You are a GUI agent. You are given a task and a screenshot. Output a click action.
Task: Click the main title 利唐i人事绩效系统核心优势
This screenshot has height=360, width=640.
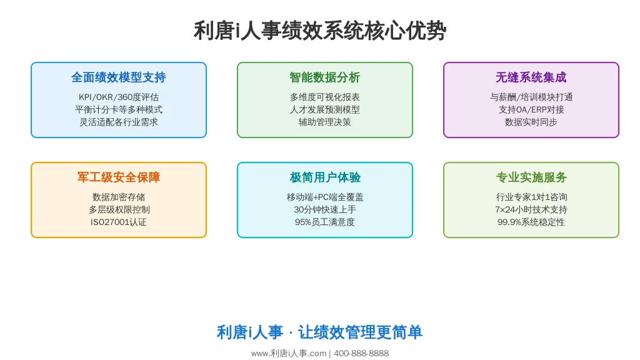click(320, 31)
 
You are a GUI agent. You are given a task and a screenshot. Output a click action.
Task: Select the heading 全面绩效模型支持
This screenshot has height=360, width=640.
click(119, 77)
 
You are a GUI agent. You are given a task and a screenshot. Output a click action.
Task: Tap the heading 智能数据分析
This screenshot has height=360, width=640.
click(325, 77)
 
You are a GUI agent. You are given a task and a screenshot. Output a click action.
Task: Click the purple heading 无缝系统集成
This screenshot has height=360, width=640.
click(531, 77)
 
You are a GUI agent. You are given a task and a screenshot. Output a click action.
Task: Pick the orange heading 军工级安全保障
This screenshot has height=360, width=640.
click(119, 177)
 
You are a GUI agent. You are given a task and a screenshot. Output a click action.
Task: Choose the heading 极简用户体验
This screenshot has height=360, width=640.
click(325, 177)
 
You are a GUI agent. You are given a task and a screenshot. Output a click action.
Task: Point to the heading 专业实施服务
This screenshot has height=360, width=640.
click(531, 177)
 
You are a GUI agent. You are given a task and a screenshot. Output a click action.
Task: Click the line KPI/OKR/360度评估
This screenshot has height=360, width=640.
click(119, 97)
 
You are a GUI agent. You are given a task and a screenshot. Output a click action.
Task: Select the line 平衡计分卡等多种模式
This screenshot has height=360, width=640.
click(119, 109)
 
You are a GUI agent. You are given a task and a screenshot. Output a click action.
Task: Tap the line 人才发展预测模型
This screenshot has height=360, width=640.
click(325, 109)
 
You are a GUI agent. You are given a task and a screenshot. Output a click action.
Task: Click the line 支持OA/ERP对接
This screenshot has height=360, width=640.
click(531, 109)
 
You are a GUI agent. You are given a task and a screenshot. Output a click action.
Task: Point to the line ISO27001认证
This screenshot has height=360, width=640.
click(119, 222)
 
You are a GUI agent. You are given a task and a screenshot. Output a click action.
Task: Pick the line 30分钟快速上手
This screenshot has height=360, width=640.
click(325, 209)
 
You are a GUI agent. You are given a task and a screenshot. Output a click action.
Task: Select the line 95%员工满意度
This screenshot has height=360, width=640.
click(325, 222)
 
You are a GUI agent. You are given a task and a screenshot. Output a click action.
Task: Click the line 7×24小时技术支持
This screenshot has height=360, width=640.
click(531, 209)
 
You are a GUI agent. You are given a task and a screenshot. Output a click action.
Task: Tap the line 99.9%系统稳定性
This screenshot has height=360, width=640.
click(531, 222)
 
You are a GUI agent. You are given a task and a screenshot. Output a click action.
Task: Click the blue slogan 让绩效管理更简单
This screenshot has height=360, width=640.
click(360, 332)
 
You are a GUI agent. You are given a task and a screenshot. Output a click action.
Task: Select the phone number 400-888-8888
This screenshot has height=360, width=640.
click(361, 354)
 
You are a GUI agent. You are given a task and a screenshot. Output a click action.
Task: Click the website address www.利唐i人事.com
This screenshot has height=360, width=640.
click(289, 354)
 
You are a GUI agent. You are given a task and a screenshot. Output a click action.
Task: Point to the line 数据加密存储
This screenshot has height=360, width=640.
click(119, 197)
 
